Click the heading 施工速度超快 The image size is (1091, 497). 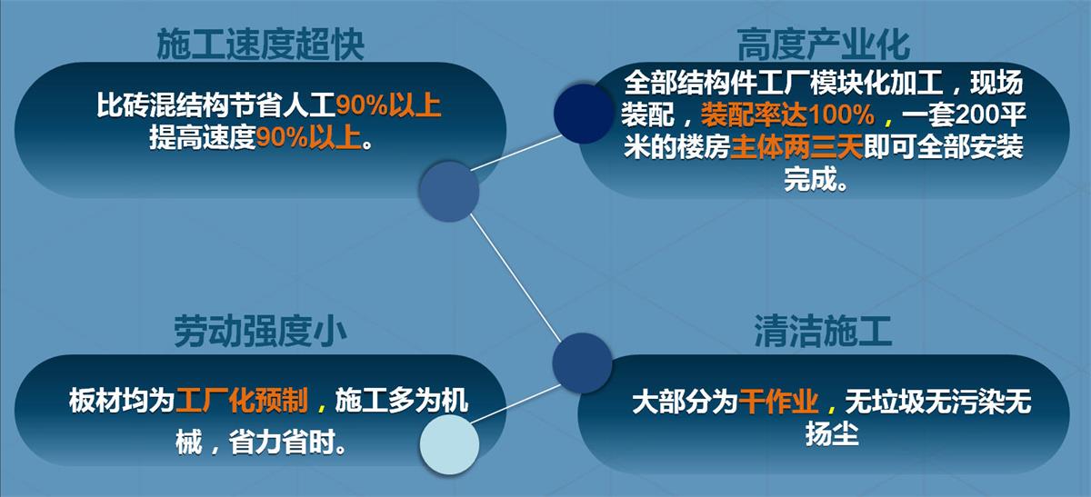[260, 44]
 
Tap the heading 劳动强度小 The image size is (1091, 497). [260, 333]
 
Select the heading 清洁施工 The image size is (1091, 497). [822, 333]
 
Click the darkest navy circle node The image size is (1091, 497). [583, 113]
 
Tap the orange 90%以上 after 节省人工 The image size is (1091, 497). [388, 106]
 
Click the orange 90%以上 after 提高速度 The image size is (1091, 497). [309, 138]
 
